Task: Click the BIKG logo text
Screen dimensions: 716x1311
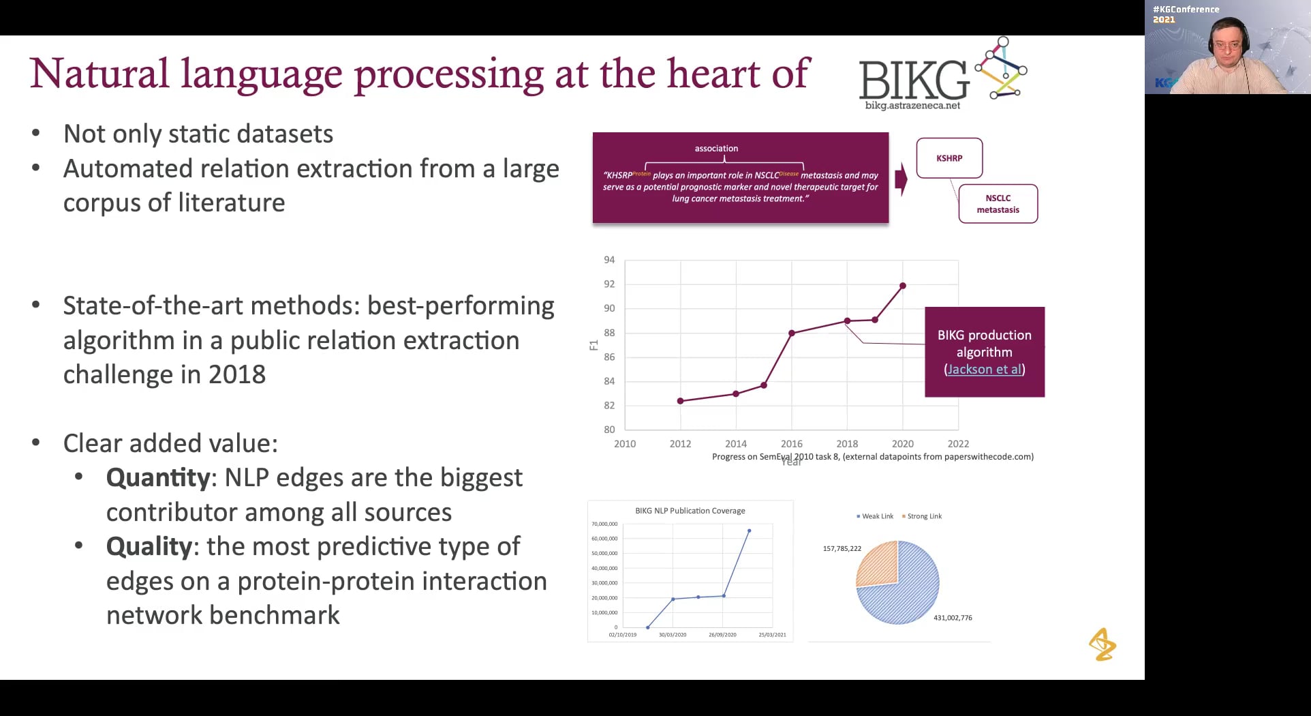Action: coord(913,80)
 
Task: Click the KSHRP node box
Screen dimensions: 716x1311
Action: coord(949,158)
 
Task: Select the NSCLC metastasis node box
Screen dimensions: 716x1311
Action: coord(998,204)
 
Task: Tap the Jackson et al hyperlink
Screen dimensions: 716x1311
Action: coord(984,370)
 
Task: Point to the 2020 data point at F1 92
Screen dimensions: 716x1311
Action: coord(903,286)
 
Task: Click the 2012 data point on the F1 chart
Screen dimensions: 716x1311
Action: coord(680,401)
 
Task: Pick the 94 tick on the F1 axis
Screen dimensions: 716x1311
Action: coord(609,260)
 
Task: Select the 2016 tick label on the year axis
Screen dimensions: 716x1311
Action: coord(791,444)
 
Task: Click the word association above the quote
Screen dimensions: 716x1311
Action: coord(716,149)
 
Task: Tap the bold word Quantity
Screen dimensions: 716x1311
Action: coord(157,478)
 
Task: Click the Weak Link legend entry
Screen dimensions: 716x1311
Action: coord(876,516)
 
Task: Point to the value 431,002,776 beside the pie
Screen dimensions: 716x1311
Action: coord(953,618)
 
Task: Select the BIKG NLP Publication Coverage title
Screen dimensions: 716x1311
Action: coord(690,511)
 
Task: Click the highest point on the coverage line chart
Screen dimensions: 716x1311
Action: coord(749,531)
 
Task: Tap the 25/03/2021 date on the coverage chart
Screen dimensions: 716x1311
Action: coord(772,635)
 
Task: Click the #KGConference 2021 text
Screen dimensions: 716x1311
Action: coord(1186,14)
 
